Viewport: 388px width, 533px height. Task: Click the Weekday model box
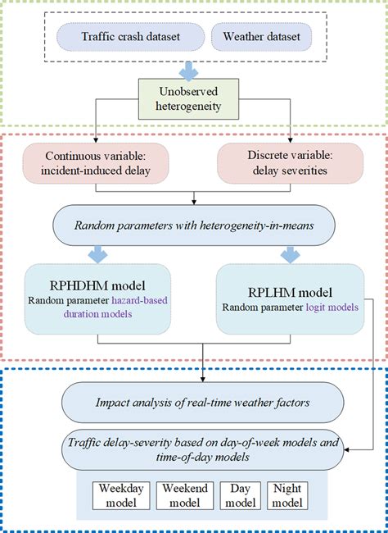coord(120,494)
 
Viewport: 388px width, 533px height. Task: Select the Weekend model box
coord(183,494)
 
